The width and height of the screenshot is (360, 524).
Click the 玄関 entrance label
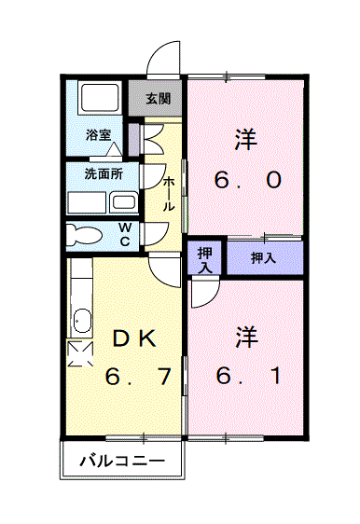click(158, 97)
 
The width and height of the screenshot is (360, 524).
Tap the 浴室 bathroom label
click(99, 135)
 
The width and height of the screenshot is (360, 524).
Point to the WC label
click(125, 233)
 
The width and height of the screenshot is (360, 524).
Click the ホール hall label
click(169, 193)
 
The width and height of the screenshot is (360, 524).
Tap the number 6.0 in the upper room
click(246, 180)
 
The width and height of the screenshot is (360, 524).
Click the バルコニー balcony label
click(121, 460)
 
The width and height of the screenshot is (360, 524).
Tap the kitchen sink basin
click(80, 322)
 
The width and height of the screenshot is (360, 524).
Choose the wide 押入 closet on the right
click(264, 258)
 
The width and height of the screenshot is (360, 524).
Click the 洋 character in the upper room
click(246, 138)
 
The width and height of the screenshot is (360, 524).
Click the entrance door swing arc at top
click(165, 58)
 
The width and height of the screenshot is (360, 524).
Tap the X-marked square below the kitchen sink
click(80, 353)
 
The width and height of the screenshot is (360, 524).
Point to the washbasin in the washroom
click(123, 200)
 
